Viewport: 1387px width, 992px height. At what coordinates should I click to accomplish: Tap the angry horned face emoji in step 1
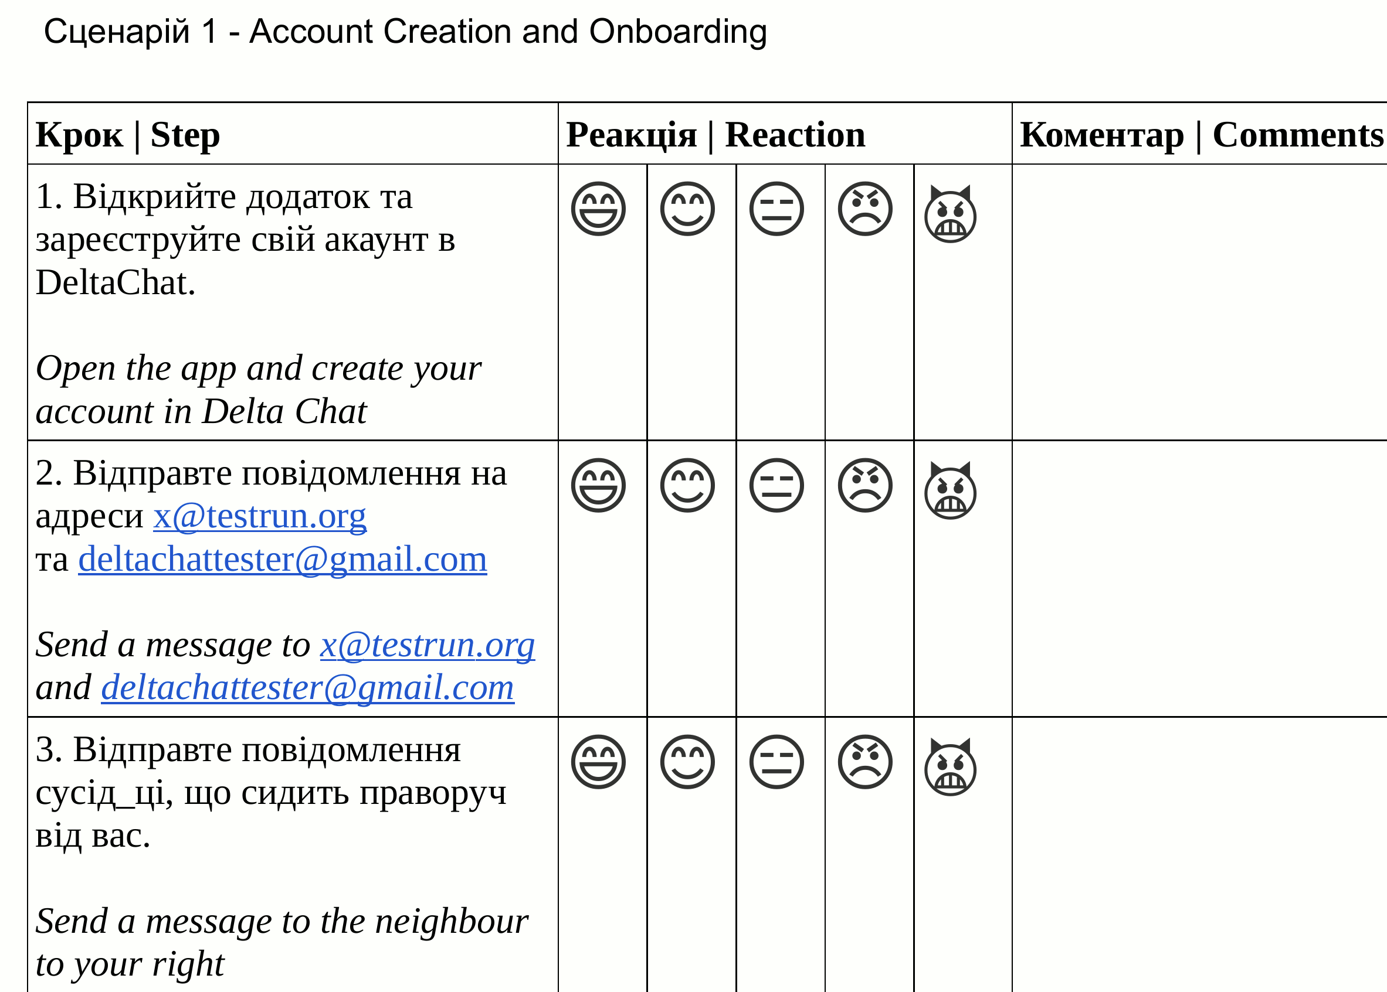(x=950, y=214)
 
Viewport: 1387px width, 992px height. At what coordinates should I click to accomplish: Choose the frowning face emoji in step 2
(x=865, y=485)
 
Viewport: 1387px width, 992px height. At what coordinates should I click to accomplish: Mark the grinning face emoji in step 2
(x=598, y=485)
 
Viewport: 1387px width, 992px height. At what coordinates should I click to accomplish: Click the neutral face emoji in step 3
(x=776, y=762)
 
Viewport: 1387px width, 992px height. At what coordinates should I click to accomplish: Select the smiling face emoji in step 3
(x=687, y=762)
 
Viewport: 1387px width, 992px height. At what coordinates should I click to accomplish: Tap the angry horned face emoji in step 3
(x=950, y=767)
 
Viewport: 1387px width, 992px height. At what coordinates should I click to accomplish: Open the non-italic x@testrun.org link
(x=259, y=516)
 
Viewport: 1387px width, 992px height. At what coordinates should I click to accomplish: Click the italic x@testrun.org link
(x=428, y=645)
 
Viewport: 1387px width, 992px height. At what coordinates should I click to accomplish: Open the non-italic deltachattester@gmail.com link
(x=283, y=559)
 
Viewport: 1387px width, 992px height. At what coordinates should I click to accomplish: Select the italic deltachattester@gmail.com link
(x=307, y=688)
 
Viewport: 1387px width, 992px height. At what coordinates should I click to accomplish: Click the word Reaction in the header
(x=795, y=135)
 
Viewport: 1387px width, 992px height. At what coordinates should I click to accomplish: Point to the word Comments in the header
(x=1297, y=135)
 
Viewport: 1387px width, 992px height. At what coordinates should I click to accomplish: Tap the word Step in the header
(x=185, y=135)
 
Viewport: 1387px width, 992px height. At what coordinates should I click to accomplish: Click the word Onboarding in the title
(x=678, y=32)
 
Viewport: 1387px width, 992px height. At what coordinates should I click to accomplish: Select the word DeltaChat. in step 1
(x=116, y=283)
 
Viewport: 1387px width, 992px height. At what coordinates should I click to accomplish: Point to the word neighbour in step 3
(x=451, y=921)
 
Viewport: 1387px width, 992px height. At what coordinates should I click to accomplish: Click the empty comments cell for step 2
(x=1198, y=578)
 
